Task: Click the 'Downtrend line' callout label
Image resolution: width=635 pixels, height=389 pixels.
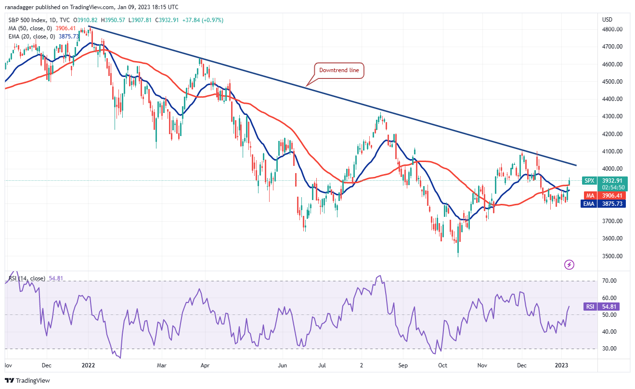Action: click(339, 71)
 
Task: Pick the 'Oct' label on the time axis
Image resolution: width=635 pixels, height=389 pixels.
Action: click(442, 365)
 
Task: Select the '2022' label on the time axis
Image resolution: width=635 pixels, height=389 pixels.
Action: click(89, 365)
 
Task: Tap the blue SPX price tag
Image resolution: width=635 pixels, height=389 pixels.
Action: click(589, 181)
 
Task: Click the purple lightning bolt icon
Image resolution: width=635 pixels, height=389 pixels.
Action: click(569, 264)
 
